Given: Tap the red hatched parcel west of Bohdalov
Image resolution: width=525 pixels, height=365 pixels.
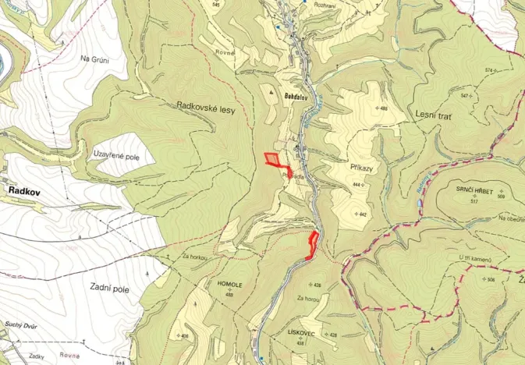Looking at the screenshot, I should click(x=272, y=159).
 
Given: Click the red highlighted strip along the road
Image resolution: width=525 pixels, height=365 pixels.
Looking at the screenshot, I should click(x=313, y=244).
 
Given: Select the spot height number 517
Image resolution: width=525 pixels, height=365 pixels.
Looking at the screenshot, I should click(x=474, y=201).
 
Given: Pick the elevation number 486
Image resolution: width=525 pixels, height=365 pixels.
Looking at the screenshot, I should click(x=383, y=108).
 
